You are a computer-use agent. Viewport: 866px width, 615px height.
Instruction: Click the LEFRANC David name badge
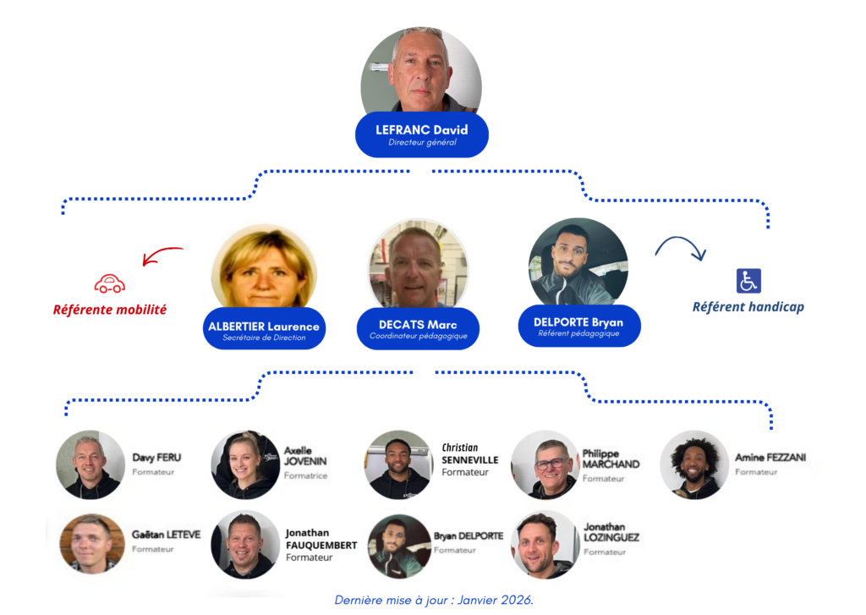421,135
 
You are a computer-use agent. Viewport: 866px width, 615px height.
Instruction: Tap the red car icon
110,283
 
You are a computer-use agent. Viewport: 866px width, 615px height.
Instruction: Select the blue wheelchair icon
748,280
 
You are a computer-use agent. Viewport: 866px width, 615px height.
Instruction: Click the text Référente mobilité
110,310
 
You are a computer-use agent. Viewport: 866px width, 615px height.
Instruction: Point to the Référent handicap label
748,307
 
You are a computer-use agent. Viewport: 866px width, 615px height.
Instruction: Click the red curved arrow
162,255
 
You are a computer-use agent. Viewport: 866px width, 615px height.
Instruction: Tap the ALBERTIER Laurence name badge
264,330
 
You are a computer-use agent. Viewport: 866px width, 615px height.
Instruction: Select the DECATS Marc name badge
418,329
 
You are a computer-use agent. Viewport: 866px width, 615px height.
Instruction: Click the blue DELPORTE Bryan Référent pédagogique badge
578,326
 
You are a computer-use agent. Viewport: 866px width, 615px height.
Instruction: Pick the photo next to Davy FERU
90,464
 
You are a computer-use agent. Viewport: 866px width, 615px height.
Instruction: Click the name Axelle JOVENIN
305,456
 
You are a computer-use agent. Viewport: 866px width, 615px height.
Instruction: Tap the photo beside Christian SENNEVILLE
399,464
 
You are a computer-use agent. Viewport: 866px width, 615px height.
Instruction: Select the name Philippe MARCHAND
611,459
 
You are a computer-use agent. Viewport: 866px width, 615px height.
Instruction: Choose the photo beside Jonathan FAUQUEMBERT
245,544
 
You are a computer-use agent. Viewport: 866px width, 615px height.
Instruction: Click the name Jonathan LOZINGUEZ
611,532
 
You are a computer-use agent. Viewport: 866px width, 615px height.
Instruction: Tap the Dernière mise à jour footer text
434,600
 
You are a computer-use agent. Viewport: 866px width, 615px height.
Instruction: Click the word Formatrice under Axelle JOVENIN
305,476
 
